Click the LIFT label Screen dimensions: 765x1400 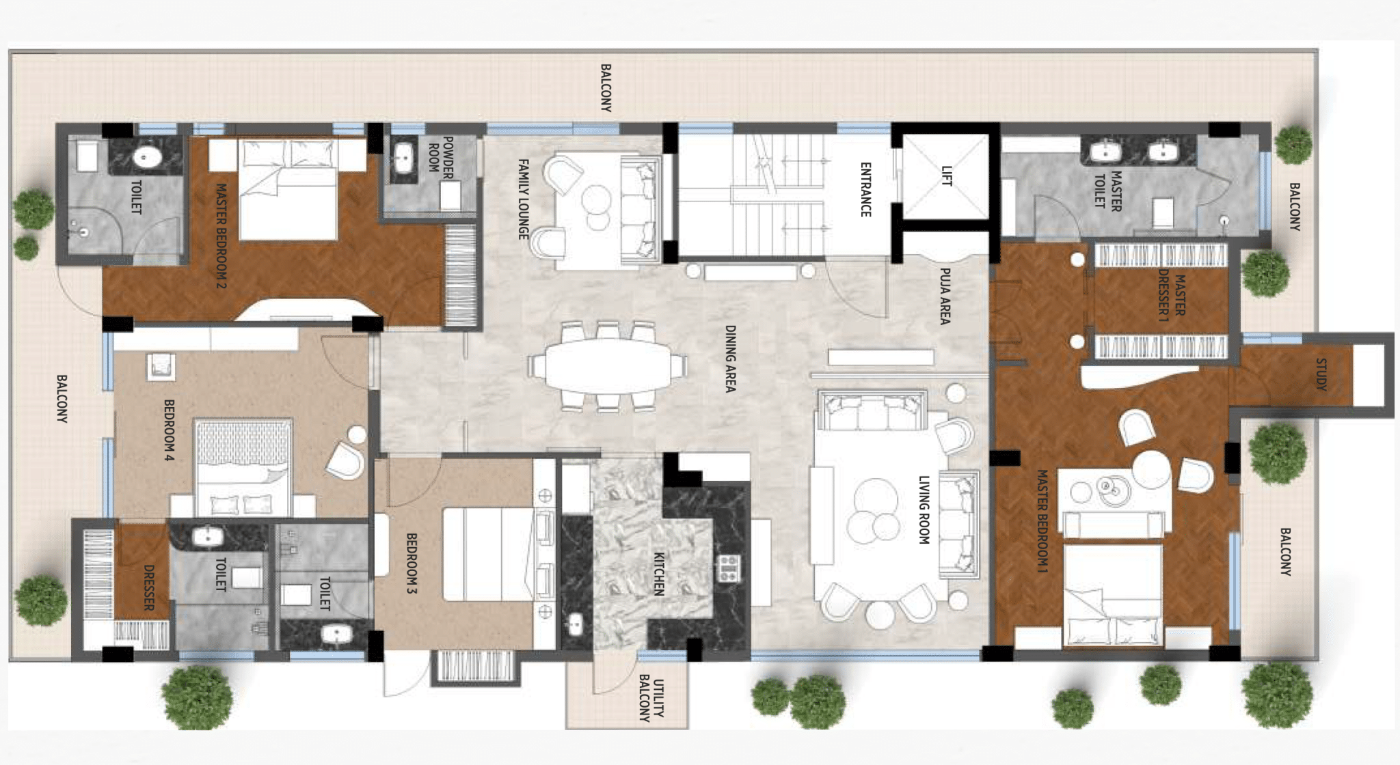click(947, 176)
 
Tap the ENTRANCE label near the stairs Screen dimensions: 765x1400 click(865, 189)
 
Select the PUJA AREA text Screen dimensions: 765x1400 click(945, 296)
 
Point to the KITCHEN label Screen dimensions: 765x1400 click(658, 574)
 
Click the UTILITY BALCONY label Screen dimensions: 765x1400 click(651, 699)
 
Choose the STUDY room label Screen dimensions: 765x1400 click(1321, 374)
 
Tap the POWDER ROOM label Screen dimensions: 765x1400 click(440, 158)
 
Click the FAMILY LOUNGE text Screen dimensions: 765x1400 click(523, 199)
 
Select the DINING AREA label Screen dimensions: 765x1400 click(730, 358)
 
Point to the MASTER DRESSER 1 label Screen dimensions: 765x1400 click(1171, 295)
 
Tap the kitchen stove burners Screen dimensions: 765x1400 click(727, 568)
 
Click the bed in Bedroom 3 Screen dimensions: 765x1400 click(487, 553)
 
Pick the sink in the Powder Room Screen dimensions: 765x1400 click(404, 158)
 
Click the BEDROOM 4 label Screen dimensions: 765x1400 click(169, 430)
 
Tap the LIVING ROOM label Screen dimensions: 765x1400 click(924, 510)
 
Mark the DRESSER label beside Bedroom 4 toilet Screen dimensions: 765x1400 click(148, 587)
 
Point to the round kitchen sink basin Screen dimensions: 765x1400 click(575, 623)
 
